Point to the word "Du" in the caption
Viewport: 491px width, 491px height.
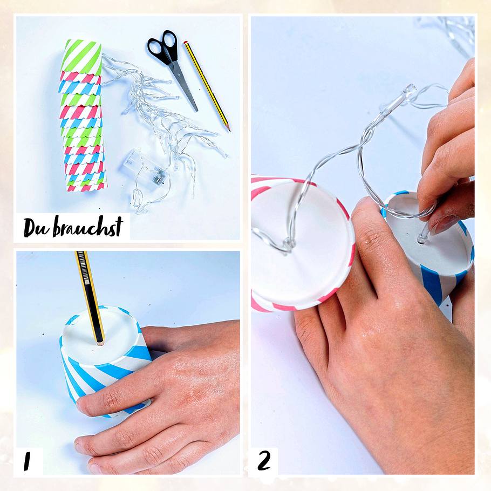(36, 227)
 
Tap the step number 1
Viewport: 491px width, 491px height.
(27, 461)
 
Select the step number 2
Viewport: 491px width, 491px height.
(264, 461)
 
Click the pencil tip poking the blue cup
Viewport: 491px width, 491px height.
(100, 342)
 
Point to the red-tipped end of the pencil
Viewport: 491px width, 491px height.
(186, 43)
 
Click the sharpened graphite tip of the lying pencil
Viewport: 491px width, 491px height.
(229, 129)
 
